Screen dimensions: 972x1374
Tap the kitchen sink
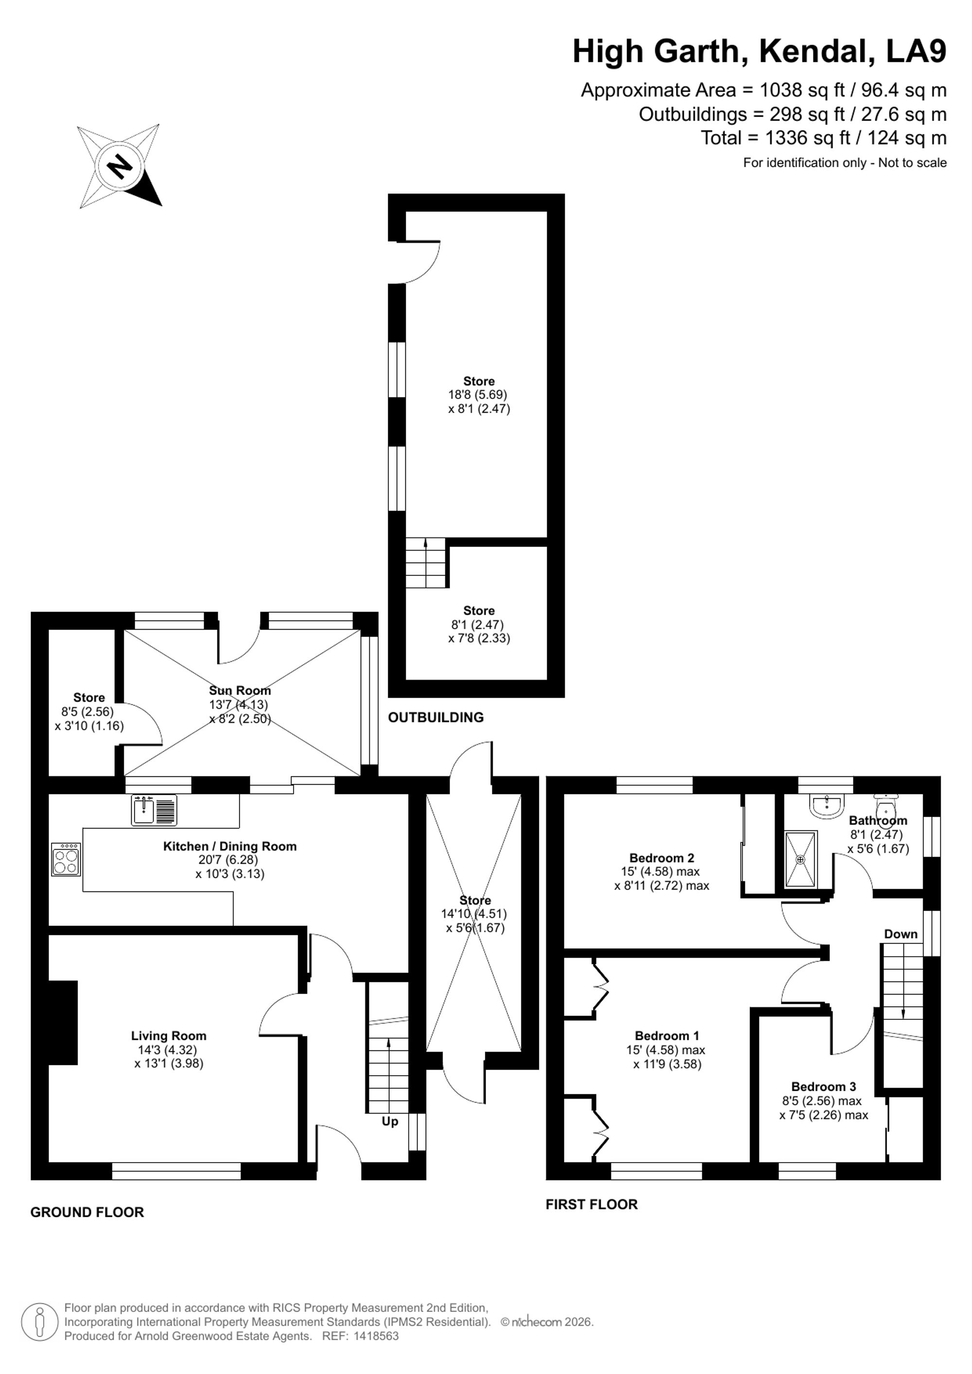point(155,810)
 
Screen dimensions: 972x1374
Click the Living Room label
point(169,1036)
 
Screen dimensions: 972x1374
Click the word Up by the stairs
point(390,1121)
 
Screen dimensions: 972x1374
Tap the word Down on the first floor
point(901,934)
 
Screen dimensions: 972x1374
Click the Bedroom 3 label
point(824,1086)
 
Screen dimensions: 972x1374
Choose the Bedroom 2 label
point(661,858)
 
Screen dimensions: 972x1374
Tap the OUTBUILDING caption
point(436,717)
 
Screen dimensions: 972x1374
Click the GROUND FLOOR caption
point(87,1212)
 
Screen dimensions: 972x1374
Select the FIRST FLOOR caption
point(592,1204)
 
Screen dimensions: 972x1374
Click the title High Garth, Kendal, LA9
point(760,52)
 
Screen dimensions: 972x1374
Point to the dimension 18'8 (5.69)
point(478,395)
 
